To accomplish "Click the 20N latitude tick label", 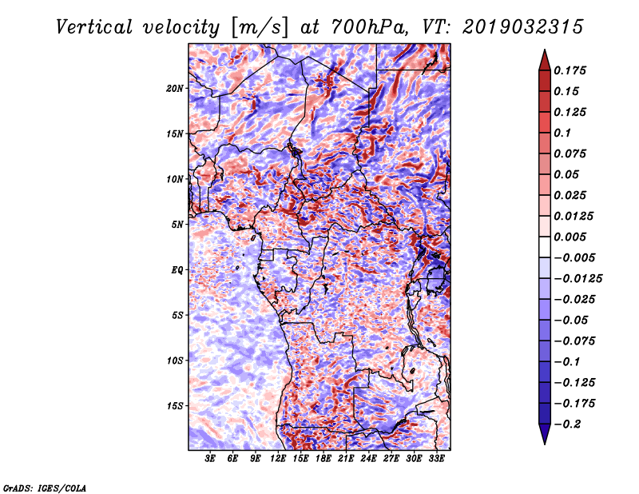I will coord(175,88).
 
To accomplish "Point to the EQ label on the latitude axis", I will coord(177,269).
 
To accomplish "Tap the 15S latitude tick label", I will coord(175,405).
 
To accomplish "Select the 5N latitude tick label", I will coord(177,225).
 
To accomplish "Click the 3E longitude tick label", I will coord(210,460).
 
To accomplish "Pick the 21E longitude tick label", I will coord(346,460).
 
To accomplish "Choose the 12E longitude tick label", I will coord(278,460).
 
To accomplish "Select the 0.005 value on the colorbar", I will coord(572,237).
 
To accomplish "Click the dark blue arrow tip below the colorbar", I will coord(543,440).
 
